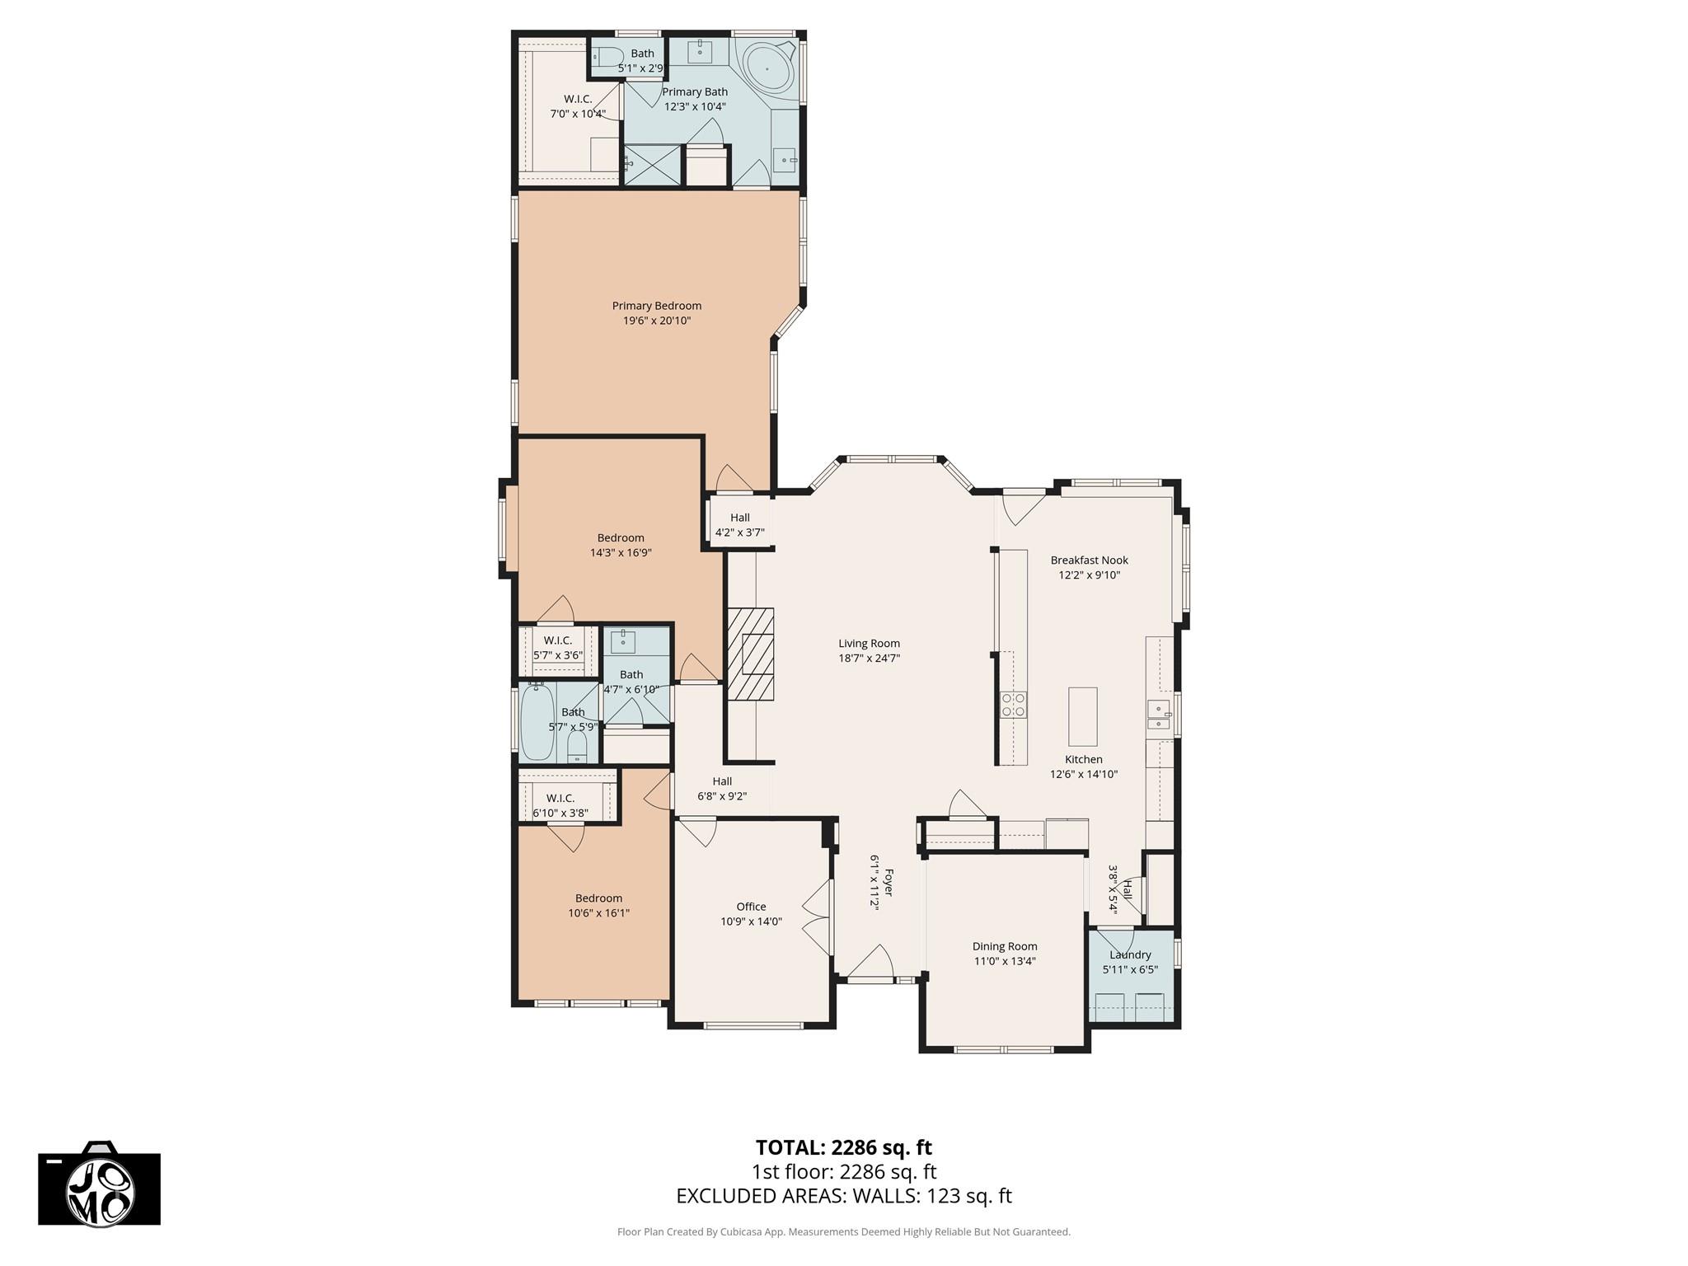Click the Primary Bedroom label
point(656,306)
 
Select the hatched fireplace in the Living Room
point(750,654)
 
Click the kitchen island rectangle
point(1082,715)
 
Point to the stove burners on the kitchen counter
point(1013,704)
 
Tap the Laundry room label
point(1129,954)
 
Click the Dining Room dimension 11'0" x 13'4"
point(1004,961)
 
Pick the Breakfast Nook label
point(1089,560)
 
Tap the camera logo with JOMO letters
point(100,1187)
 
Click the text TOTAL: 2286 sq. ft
point(843,1147)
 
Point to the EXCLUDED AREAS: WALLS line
point(843,1196)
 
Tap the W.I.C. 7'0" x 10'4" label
point(578,99)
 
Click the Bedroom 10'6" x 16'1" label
point(598,898)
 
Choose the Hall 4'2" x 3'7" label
point(739,518)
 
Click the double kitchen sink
point(1158,715)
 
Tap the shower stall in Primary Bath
point(652,165)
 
